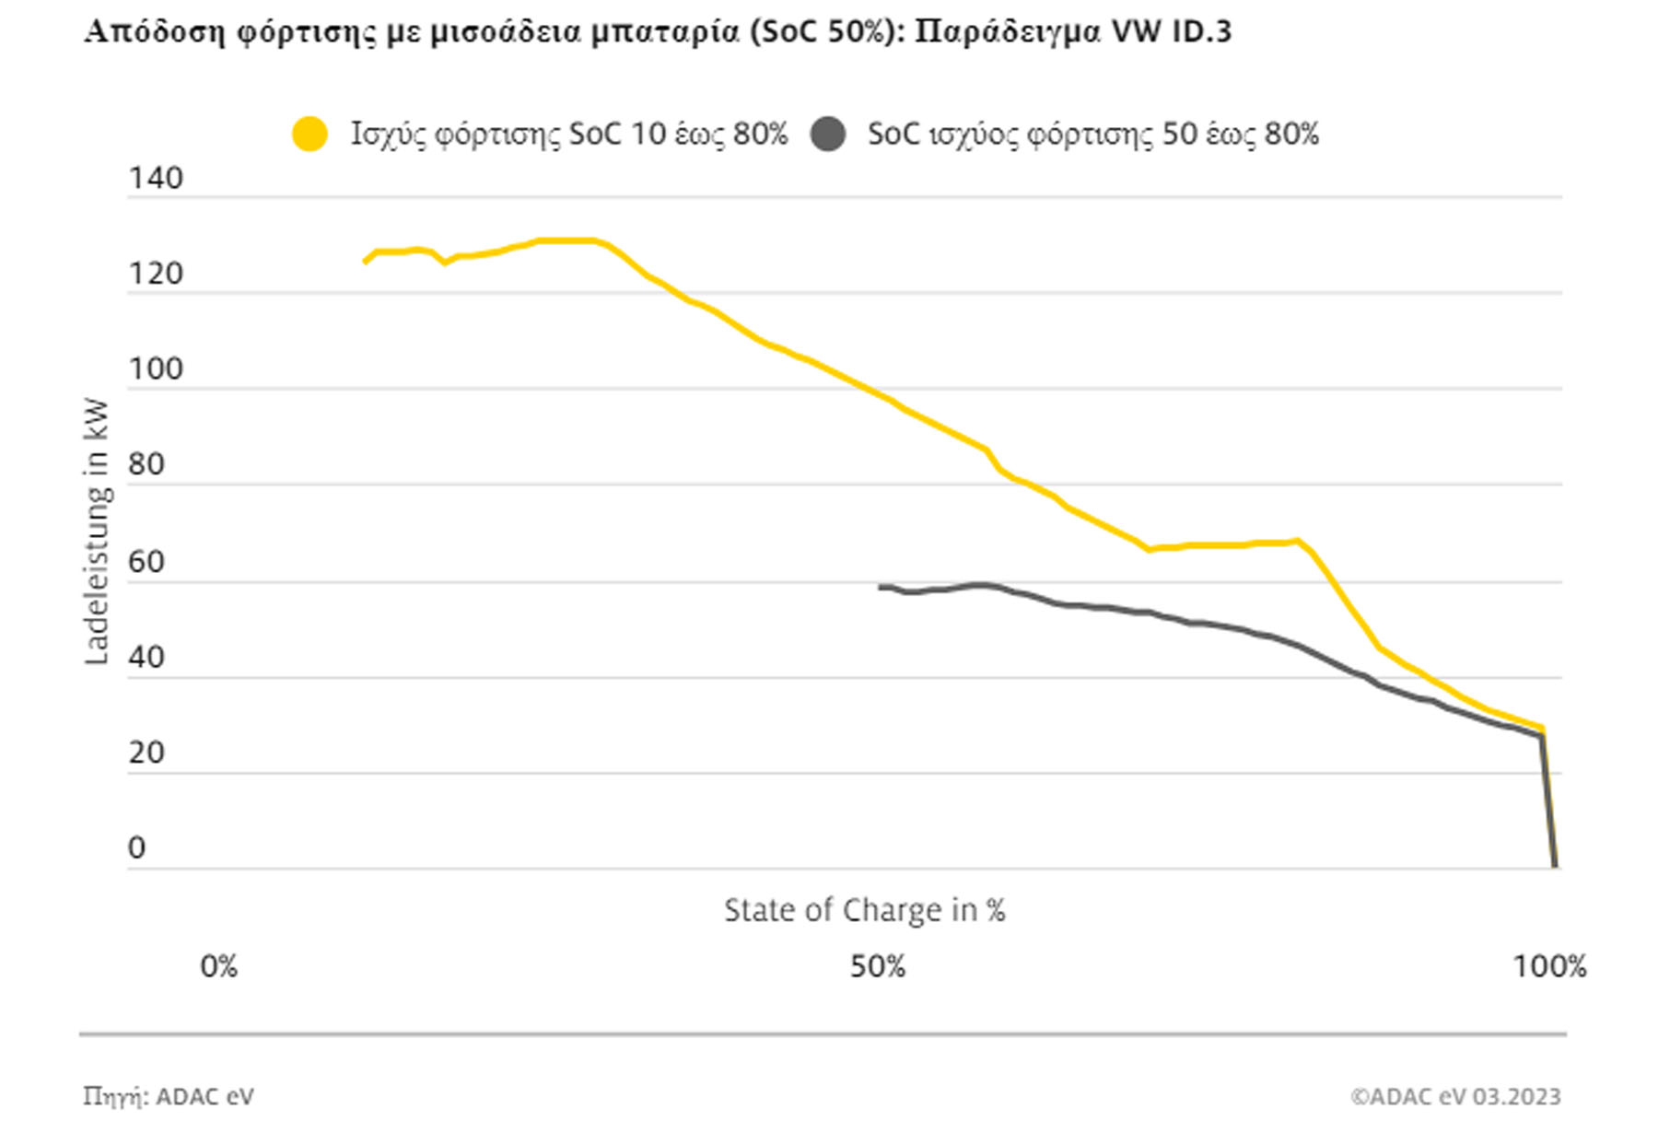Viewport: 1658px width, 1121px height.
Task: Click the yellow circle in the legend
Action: click(x=309, y=134)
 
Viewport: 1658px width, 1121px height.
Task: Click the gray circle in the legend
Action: click(x=828, y=134)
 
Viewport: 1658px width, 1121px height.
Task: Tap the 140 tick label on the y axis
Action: click(x=156, y=178)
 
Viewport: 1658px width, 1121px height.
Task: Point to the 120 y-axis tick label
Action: click(x=156, y=274)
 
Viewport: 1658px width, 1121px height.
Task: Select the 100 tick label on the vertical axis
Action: click(x=156, y=369)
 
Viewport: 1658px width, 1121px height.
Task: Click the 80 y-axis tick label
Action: click(x=146, y=464)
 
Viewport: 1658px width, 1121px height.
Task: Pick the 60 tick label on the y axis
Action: click(x=146, y=561)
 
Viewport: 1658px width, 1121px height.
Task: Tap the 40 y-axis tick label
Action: click(x=146, y=657)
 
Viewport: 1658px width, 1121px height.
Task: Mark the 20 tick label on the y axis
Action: click(x=146, y=753)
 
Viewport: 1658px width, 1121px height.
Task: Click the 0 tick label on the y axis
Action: click(x=137, y=847)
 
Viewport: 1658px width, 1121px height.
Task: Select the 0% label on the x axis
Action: click(x=219, y=966)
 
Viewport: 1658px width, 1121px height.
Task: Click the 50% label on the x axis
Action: click(x=878, y=966)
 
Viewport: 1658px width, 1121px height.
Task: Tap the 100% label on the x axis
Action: click(x=1550, y=966)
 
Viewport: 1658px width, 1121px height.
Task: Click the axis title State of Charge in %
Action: click(x=864, y=910)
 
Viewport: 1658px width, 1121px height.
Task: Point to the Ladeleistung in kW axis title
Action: click(x=97, y=531)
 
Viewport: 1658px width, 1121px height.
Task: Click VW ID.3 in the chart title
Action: click(x=1172, y=31)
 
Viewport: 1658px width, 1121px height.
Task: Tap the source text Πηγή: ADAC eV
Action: click(x=169, y=1096)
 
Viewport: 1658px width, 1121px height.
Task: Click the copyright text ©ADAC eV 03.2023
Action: click(x=1455, y=1096)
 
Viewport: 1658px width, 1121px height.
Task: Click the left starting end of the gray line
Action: click(x=881, y=587)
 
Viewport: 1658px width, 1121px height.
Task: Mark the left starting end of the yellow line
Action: click(x=366, y=263)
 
